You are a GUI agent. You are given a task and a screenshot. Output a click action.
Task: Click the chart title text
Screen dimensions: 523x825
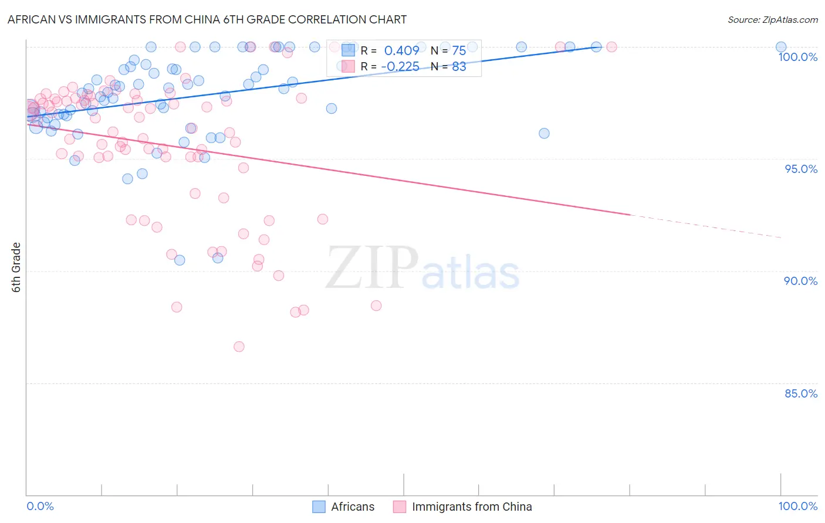tap(207, 19)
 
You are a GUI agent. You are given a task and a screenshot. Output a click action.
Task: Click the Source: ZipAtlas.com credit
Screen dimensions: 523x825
tap(772, 19)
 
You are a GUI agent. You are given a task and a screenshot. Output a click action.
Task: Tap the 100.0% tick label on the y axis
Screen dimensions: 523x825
tap(797, 57)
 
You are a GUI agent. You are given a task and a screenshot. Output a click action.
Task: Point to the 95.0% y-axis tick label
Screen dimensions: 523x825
tap(800, 169)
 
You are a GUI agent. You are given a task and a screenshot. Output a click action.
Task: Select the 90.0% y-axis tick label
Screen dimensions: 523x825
tap(800, 281)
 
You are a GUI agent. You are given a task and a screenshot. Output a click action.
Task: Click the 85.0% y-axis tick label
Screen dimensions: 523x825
tap(800, 393)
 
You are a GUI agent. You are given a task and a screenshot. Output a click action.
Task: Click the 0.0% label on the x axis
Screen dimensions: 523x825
tap(40, 506)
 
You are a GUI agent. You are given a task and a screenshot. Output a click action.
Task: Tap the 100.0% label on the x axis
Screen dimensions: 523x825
tap(797, 506)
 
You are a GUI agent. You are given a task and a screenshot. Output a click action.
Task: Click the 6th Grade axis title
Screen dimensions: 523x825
tap(16, 267)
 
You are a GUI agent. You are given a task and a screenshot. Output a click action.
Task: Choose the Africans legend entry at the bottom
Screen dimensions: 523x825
tap(343, 507)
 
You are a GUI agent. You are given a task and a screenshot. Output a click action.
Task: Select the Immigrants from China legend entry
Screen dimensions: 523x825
tap(463, 507)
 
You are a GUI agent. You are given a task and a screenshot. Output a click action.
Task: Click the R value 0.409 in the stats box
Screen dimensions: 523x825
tap(401, 50)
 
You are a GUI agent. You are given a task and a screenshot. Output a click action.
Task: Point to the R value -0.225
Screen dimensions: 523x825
tap(400, 66)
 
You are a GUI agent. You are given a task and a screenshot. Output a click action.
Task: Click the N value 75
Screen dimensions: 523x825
tap(459, 50)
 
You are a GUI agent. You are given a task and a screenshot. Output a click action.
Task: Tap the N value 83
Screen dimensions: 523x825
tap(459, 66)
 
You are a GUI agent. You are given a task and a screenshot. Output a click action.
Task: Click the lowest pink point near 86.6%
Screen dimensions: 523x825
tap(239, 347)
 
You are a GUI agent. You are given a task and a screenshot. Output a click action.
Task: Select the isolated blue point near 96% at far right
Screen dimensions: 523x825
tap(544, 133)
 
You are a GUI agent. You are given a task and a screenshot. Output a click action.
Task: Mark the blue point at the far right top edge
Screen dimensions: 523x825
tap(780, 47)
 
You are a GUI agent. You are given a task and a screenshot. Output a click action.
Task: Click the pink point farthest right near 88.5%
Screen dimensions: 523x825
tap(376, 305)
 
